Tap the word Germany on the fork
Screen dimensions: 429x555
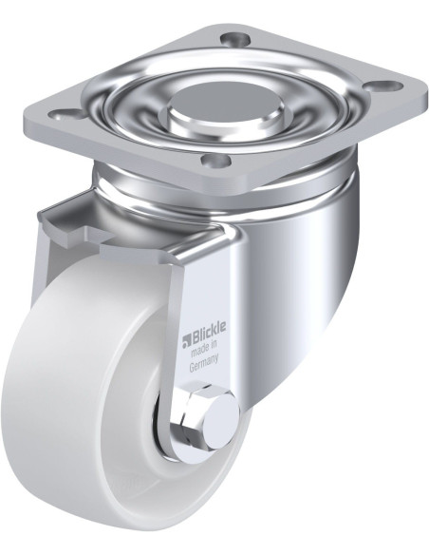(204, 365)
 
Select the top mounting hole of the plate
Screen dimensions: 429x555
(234, 37)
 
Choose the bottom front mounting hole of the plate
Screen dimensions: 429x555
(215, 161)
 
